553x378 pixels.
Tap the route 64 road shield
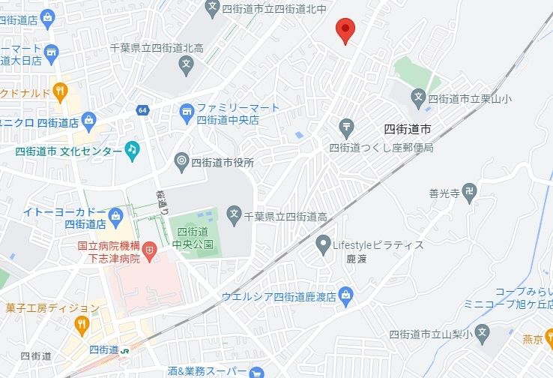142,111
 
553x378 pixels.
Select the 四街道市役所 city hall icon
181,161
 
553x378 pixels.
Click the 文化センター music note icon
132,150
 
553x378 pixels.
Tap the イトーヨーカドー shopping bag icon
115,217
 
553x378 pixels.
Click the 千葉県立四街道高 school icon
235,215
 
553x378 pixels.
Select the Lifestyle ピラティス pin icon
323,244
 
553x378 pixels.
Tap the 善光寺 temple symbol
469,192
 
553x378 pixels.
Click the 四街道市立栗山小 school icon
419,97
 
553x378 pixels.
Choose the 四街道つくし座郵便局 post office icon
345,126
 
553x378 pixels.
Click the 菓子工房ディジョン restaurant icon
82,325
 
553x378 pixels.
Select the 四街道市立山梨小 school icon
483,331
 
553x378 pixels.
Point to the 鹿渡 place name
335,259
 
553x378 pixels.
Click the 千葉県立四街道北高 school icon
187,66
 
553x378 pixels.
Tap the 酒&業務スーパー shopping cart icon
257,371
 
